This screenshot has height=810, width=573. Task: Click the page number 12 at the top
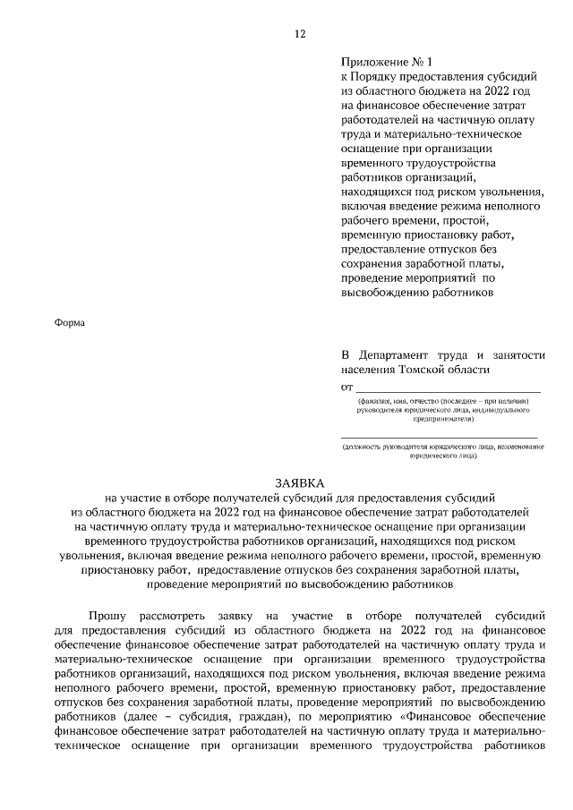pos(300,34)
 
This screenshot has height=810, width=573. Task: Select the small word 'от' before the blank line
pos(347,388)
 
